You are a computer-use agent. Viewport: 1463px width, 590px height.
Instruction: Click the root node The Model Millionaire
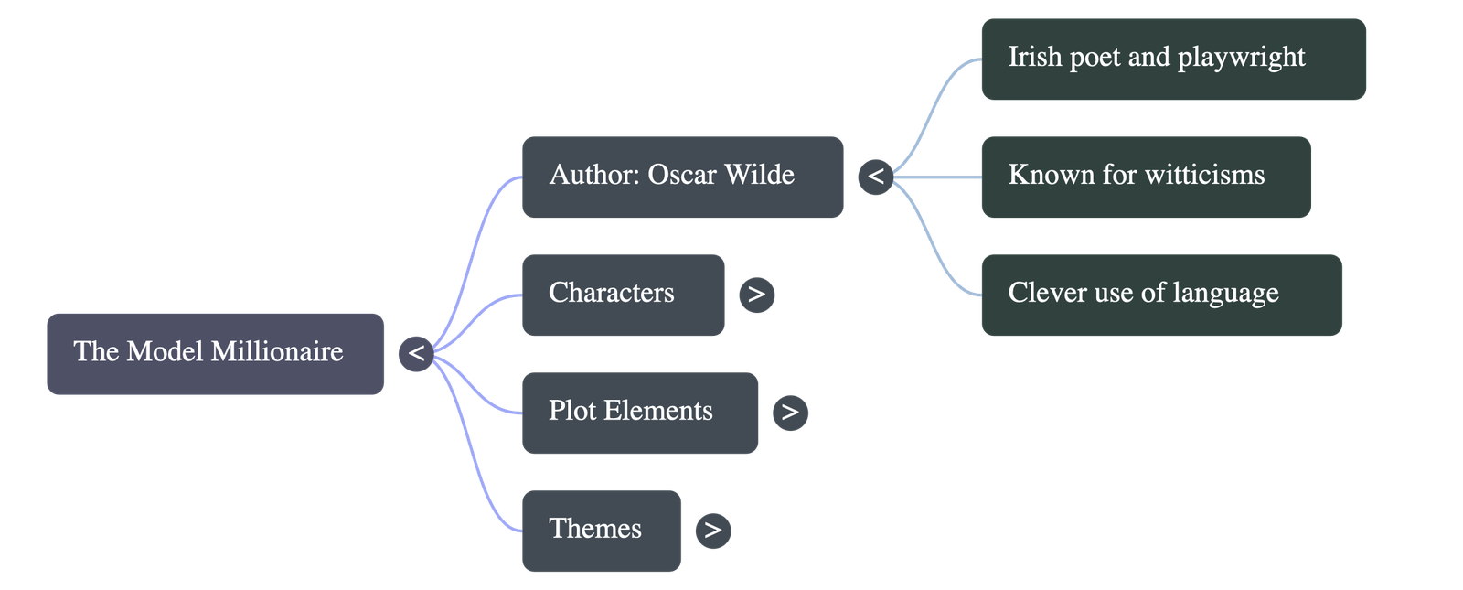(215, 353)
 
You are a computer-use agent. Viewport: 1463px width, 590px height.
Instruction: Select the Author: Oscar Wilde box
(682, 177)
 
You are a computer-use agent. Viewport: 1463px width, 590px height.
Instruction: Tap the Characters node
(623, 295)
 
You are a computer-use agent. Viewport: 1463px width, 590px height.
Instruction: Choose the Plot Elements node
(639, 413)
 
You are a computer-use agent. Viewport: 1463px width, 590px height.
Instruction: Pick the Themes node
(601, 531)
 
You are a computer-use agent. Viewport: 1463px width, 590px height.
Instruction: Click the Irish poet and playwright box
(1173, 59)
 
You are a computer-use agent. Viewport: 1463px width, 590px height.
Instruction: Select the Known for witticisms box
(1146, 177)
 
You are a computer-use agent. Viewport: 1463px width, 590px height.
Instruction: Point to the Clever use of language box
(1161, 295)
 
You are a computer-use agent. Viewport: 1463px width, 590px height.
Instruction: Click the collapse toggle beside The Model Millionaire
(415, 353)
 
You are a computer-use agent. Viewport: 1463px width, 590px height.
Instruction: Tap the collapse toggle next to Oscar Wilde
(876, 176)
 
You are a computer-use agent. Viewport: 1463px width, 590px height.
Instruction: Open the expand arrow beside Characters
(756, 295)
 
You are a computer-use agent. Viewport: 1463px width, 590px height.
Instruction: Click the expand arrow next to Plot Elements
(790, 413)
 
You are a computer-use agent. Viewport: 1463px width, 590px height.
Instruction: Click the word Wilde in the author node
(759, 175)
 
